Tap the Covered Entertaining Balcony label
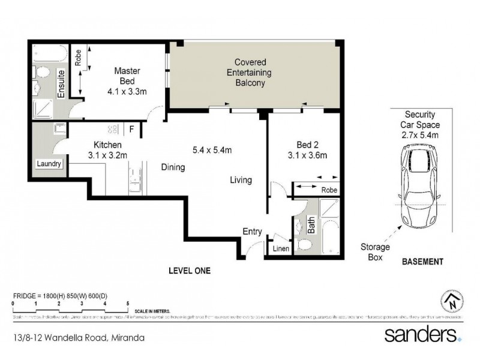coord(250,73)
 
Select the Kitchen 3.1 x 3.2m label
coord(108,150)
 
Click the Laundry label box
coord(49,163)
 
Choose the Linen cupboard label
coord(279,248)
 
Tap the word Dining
coord(173,168)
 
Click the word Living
coord(241,180)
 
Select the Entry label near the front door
coord(251,232)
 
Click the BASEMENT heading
coord(422,262)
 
